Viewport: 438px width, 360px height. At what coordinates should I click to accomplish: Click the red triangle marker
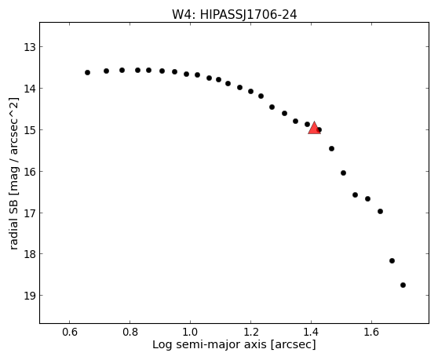[x=314, y=129]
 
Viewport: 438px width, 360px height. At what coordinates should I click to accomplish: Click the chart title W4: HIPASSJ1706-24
[x=235, y=15]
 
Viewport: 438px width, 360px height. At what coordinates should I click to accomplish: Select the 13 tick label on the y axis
[x=30, y=47]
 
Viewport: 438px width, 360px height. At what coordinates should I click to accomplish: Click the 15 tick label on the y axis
[x=30, y=130]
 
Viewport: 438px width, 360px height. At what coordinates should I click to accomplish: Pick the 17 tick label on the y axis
[x=30, y=213]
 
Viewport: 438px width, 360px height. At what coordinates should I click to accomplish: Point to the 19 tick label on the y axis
[x=30, y=296]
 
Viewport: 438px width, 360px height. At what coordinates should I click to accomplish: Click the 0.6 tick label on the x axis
[x=69, y=332]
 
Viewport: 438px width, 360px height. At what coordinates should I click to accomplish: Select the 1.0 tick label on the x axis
[x=190, y=332]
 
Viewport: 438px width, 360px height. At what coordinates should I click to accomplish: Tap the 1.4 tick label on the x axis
[x=311, y=332]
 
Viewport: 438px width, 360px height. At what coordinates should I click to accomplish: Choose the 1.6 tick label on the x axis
[x=371, y=332]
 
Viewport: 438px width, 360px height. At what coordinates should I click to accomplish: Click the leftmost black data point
[x=87, y=73]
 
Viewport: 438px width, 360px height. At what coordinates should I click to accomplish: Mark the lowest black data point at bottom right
[x=403, y=285]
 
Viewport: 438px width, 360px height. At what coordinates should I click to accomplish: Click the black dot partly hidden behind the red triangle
[x=319, y=129]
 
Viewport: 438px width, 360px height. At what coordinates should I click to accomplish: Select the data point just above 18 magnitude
[x=392, y=260]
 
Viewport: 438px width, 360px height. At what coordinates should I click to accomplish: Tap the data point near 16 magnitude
[x=343, y=173]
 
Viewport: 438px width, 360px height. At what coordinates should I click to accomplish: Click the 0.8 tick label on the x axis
[x=130, y=332]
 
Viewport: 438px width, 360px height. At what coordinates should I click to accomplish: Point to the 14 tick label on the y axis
[x=30, y=89]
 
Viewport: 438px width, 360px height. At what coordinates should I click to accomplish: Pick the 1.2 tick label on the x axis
[x=250, y=332]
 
